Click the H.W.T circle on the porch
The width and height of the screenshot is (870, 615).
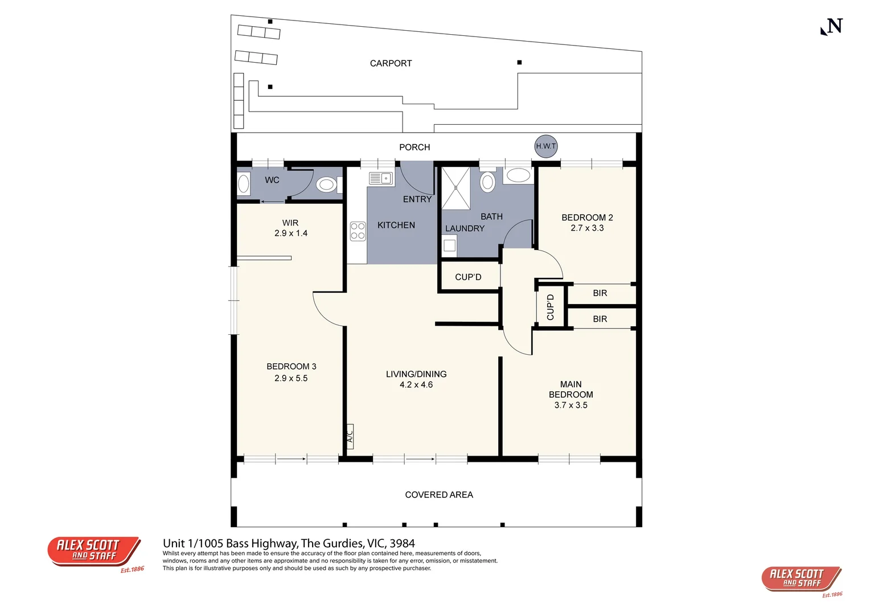coord(545,146)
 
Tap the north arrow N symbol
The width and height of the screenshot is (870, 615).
coord(831,26)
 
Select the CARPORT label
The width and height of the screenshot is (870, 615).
coord(391,63)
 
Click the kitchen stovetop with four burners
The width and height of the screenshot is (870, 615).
coord(358,231)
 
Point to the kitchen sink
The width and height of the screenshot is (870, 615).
coord(380,178)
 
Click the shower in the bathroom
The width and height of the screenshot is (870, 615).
coord(455,188)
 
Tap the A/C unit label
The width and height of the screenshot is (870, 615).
coord(350,436)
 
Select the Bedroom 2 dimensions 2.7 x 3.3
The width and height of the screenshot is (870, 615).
coord(587,228)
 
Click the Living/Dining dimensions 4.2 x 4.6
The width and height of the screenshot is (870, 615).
coord(416,384)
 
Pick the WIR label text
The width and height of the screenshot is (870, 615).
coord(290,223)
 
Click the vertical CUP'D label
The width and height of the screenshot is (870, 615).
coord(550,307)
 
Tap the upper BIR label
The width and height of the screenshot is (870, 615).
coord(600,293)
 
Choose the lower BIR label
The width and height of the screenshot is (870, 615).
coord(600,319)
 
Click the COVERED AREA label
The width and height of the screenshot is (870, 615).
coord(439,495)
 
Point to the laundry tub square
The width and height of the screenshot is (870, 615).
coord(449,245)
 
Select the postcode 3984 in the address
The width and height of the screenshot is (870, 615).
coord(403,543)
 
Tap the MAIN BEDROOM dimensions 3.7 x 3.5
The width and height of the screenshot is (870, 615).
coord(571,405)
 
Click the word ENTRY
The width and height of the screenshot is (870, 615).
coord(417,199)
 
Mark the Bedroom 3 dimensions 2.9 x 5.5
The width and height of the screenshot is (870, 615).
coord(291,378)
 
